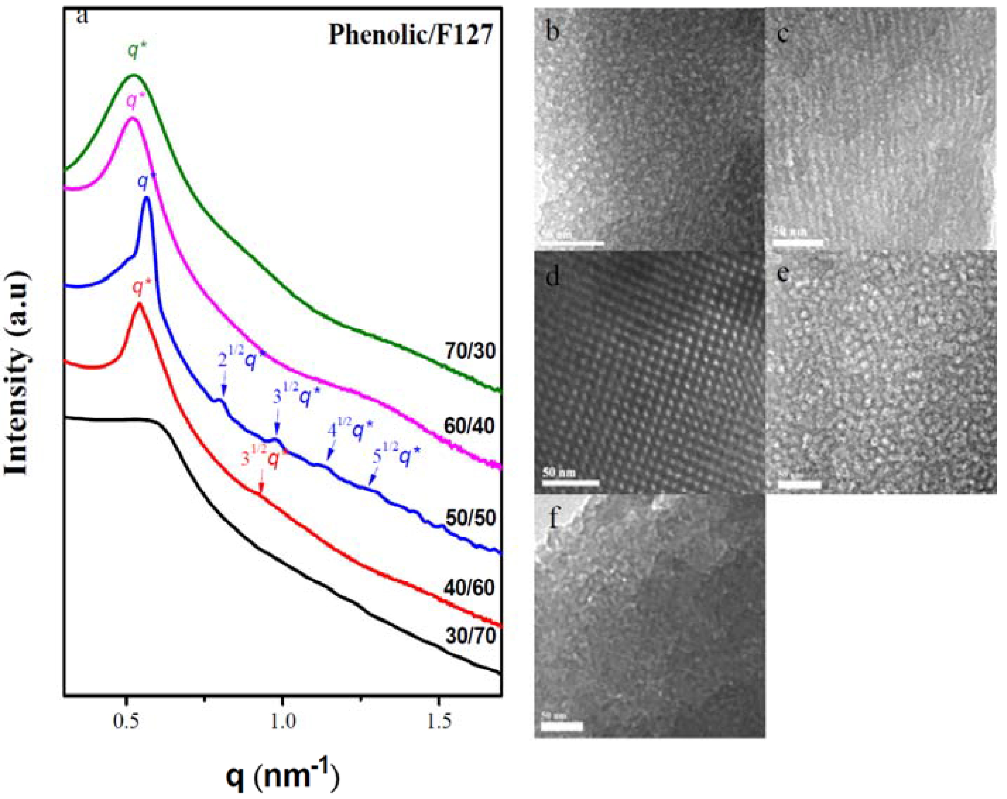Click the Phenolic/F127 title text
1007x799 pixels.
point(410,34)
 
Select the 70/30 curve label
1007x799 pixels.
point(470,351)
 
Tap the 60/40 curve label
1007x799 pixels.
point(469,426)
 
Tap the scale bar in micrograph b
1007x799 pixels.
point(573,243)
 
